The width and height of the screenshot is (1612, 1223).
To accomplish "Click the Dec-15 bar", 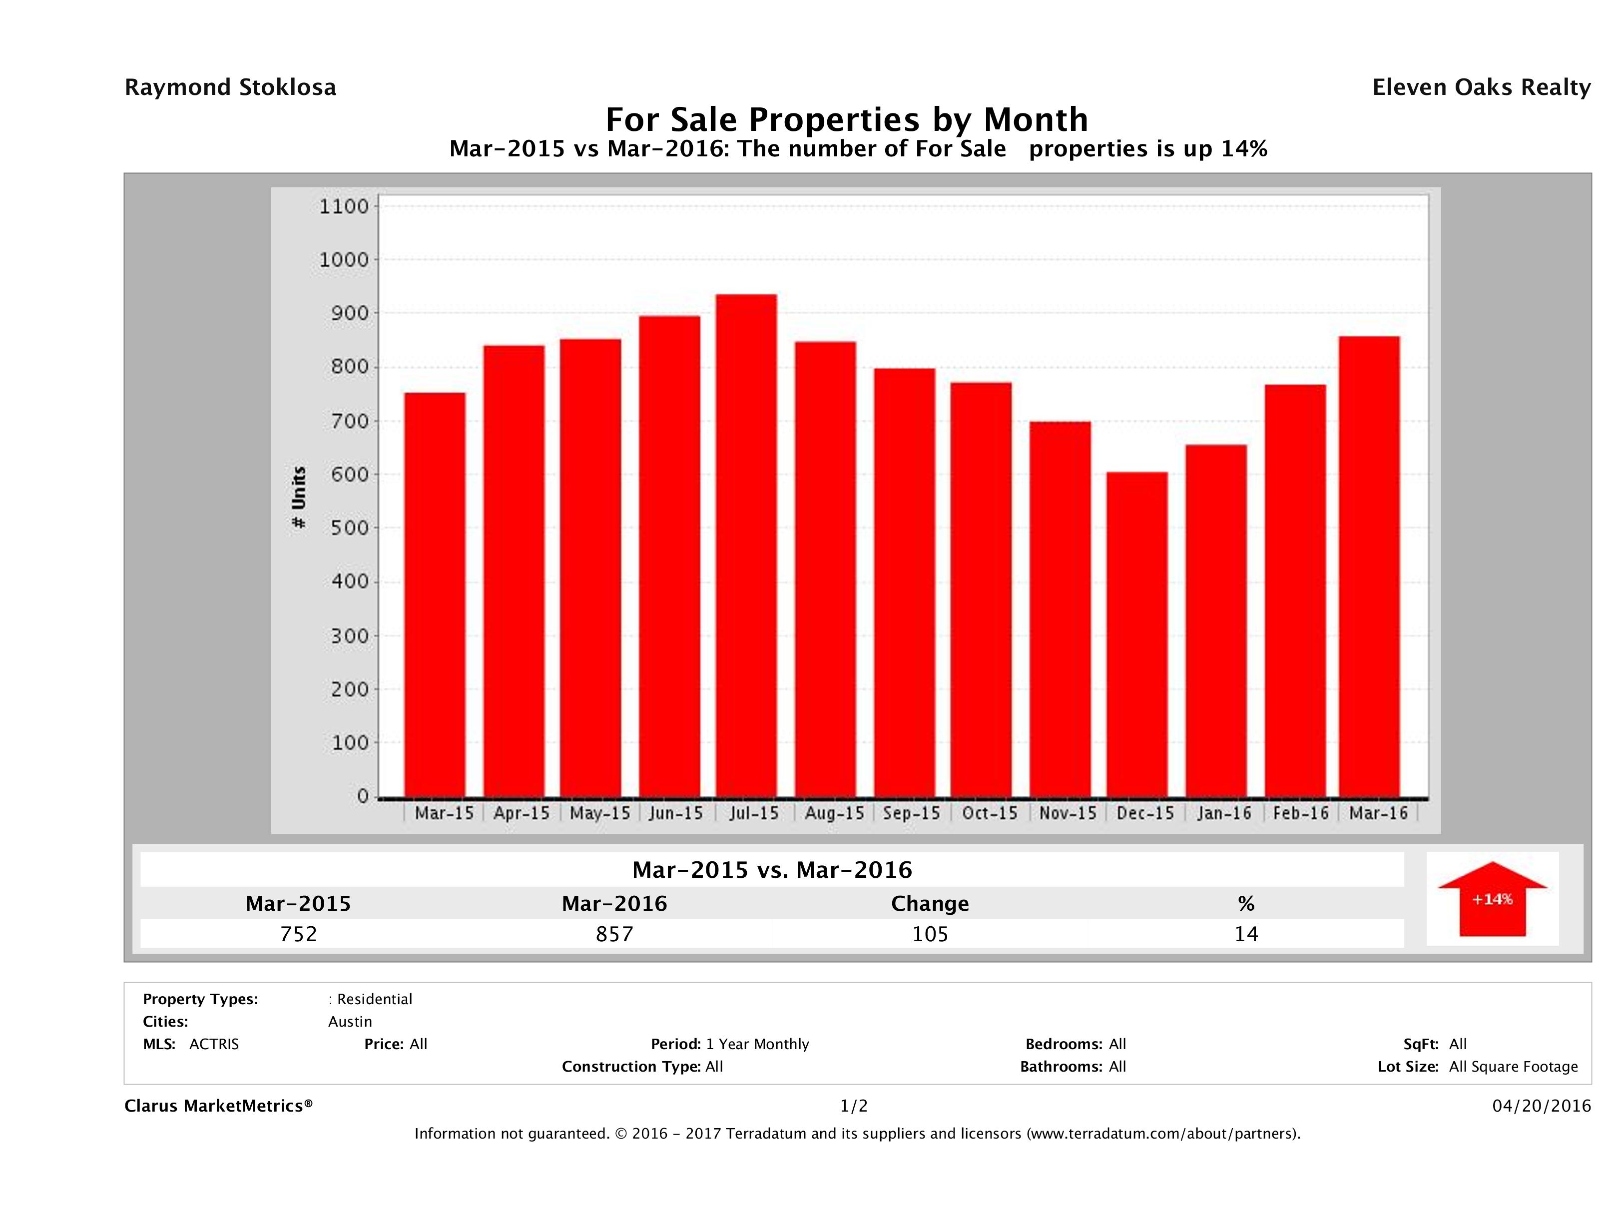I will (x=1137, y=634).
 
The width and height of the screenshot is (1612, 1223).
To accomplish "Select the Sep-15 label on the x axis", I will (x=912, y=813).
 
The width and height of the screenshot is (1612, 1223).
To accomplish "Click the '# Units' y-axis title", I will (x=299, y=498).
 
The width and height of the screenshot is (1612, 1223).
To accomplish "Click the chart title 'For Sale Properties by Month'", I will (x=847, y=119).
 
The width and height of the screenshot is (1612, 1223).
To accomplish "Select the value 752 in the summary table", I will (x=298, y=934).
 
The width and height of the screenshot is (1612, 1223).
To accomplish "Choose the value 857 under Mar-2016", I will (x=614, y=934).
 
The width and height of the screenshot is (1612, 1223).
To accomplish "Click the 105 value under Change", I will (x=930, y=934).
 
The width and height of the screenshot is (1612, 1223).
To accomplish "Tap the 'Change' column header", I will (x=930, y=904).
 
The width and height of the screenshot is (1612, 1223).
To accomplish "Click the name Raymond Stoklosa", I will (x=230, y=87).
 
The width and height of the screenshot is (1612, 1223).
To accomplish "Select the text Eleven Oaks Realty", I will (x=1481, y=87).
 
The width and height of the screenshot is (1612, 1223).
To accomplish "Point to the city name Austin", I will (x=350, y=1022).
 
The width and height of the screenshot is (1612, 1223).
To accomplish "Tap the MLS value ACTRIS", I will (x=213, y=1045).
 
